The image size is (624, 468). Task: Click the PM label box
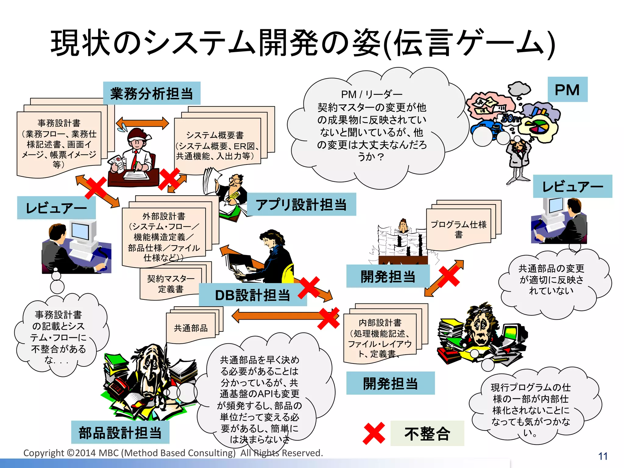pyautogui.click(x=567, y=90)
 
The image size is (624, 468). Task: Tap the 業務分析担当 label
pyautogui.click(x=151, y=94)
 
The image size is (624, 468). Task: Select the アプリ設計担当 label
pyautogui.click(x=301, y=204)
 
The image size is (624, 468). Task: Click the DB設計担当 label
pyautogui.click(x=252, y=295)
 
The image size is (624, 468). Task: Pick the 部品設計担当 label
pyautogui.click(x=120, y=432)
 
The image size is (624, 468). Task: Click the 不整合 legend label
pyautogui.click(x=427, y=434)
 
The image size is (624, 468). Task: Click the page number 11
pyautogui.click(x=603, y=456)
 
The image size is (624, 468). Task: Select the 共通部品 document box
pyautogui.click(x=191, y=328)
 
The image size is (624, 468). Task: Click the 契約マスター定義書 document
pyautogui.click(x=171, y=284)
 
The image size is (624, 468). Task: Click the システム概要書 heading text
pyautogui.click(x=215, y=135)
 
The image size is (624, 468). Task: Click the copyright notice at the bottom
pyautogui.click(x=173, y=453)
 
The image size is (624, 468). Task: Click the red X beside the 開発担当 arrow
pyautogui.click(x=448, y=276)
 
